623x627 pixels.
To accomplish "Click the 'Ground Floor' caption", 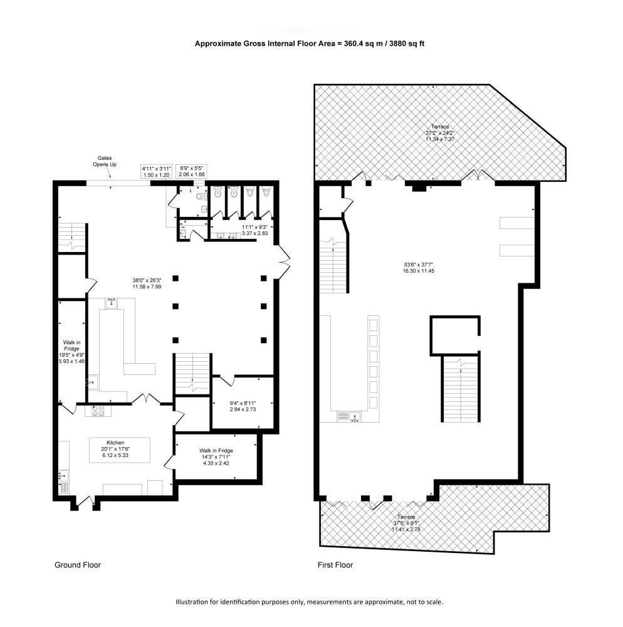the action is pos(78,565).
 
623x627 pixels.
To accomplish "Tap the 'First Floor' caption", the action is pos(335,565).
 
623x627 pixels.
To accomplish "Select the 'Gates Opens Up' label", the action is pos(105,161).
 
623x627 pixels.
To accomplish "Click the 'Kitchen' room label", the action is pos(115,443).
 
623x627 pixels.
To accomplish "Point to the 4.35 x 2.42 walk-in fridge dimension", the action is pos(216,463).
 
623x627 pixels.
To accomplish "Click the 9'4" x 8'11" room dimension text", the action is pos(243,403).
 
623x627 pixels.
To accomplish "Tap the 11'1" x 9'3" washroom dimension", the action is pos(254,227).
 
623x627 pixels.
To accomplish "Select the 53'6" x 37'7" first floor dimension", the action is pos(419,265).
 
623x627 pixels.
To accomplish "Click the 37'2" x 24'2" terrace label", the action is pos(439,133).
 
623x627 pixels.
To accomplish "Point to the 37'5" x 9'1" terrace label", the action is pos(406,523).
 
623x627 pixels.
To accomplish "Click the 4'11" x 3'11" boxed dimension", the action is pos(157,172).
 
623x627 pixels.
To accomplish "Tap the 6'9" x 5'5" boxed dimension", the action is pos(191,172).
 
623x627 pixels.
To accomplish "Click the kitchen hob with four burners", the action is pos(98,411).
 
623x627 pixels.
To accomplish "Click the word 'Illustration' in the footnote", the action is pos(192,602).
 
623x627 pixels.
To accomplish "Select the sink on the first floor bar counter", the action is pos(355,417).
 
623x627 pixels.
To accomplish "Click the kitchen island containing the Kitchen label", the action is pos(120,450).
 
